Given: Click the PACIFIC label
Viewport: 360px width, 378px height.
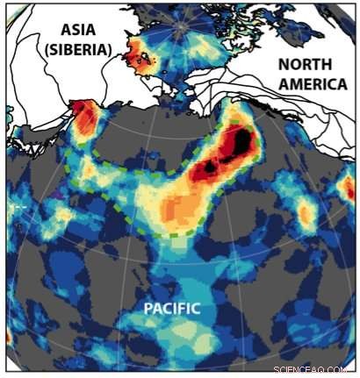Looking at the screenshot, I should point(172,308).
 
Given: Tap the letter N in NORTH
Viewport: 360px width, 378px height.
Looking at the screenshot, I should point(283,64).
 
